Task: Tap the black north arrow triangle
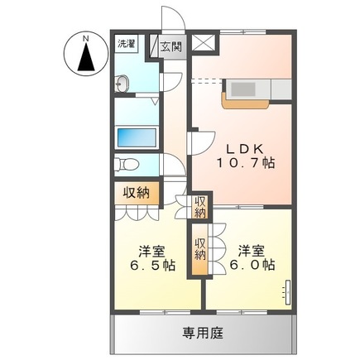click(x=84, y=59)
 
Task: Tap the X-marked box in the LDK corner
click(x=205, y=43)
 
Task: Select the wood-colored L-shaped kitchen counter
click(x=242, y=102)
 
